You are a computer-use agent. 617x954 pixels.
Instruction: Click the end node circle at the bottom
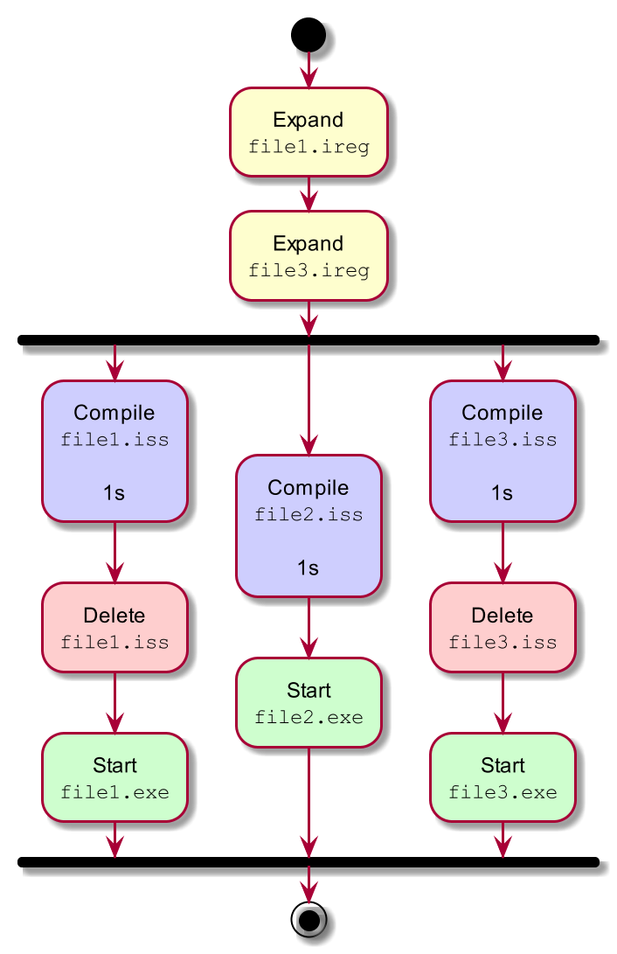308,921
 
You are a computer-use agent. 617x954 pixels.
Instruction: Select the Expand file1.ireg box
308,132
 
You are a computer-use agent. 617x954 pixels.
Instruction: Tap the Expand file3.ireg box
308,255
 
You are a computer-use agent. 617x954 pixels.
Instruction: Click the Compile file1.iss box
114,451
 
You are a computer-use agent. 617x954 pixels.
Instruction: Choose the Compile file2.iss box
308,526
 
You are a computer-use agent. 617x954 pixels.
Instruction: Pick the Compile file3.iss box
503,451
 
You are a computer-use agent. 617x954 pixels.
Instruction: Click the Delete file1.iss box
114,627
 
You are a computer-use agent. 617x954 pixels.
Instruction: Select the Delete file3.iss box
503,627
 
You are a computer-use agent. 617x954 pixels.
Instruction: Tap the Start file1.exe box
114,777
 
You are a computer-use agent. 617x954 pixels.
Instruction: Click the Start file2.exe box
308,702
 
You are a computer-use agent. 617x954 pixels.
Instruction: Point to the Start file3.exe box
503,777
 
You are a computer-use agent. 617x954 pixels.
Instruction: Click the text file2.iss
308,515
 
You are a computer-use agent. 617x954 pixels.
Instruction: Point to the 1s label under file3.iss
502,493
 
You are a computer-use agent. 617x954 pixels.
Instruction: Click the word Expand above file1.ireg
308,120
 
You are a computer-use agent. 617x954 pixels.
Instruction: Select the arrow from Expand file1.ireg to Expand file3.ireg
308,193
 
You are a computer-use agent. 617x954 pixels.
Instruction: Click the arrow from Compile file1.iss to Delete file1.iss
114,553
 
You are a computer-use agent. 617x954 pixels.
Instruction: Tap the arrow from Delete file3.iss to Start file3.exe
503,702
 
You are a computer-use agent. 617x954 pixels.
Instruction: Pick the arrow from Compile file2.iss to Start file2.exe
308,627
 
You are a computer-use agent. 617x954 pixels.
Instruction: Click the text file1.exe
114,793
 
